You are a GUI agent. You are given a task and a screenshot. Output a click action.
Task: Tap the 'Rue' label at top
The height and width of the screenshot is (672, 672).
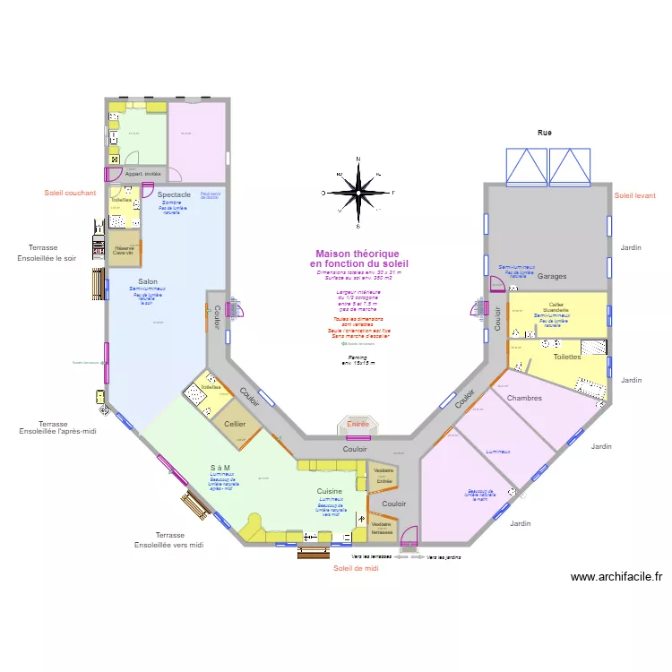(x=545, y=133)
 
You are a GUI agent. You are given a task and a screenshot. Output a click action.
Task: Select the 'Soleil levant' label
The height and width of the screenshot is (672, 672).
(x=635, y=195)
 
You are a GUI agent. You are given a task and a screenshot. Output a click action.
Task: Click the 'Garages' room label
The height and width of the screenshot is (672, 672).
(x=553, y=277)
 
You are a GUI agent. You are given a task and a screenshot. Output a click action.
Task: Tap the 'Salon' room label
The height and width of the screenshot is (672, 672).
(x=148, y=282)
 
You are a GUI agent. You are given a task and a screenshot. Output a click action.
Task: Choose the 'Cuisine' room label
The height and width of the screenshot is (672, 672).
(x=329, y=491)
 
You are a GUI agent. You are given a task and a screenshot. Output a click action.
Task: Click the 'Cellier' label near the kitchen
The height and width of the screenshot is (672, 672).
(x=236, y=424)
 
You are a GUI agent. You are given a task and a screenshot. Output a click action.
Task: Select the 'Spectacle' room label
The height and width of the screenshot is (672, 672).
(x=174, y=194)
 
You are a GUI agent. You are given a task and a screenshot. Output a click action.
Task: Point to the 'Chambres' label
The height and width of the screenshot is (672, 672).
(x=524, y=398)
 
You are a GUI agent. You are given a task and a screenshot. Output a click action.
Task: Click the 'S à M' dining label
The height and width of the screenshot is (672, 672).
(x=220, y=468)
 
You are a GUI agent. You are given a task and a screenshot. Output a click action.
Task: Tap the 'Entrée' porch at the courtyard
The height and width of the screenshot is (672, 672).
(x=358, y=424)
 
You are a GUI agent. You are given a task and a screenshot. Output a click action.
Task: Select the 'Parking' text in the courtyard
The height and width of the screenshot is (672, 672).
(x=358, y=357)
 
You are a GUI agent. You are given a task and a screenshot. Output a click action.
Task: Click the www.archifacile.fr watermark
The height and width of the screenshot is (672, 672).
(x=616, y=577)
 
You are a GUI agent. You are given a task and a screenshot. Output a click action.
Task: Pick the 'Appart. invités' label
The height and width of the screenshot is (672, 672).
(x=143, y=174)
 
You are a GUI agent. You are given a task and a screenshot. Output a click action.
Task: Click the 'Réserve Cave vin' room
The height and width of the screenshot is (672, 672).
(x=125, y=250)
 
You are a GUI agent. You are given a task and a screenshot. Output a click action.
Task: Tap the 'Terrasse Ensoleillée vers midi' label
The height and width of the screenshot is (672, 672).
(x=169, y=539)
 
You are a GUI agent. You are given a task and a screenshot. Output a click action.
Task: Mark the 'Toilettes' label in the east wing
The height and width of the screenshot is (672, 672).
(x=567, y=357)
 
